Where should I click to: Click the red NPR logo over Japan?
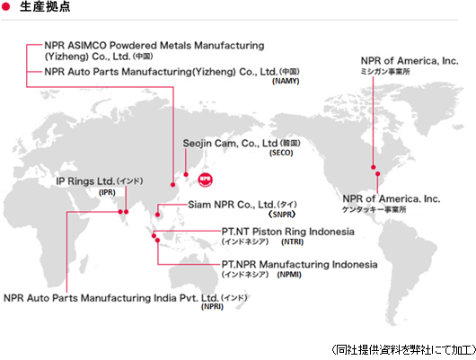coord(205,180)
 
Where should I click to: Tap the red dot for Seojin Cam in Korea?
coord(186,174)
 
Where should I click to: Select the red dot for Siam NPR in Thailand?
coord(157,215)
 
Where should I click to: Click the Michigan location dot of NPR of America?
coord(373,167)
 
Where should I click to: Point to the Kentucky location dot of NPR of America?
coord(377,173)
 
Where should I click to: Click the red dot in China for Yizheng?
coord(172,185)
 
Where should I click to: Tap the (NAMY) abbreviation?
coord(286,81)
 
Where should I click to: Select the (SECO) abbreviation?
coord(281,153)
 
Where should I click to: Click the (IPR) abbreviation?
coord(107,192)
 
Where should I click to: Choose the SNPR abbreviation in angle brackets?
coord(282,215)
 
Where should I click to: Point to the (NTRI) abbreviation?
coord(293,241)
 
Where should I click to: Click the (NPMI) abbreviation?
coord(289,275)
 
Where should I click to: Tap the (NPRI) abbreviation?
coord(212,306)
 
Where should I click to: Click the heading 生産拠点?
coord(45,6)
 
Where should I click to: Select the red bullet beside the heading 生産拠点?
coord(5,6)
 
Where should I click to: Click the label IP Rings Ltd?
coord(85,181)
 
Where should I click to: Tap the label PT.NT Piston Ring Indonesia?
coord(287,232)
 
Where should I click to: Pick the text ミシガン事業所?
coord(385,71)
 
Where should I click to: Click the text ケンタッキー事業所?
coord(374,209)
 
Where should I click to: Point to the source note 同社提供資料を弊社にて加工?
coord(404,350)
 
